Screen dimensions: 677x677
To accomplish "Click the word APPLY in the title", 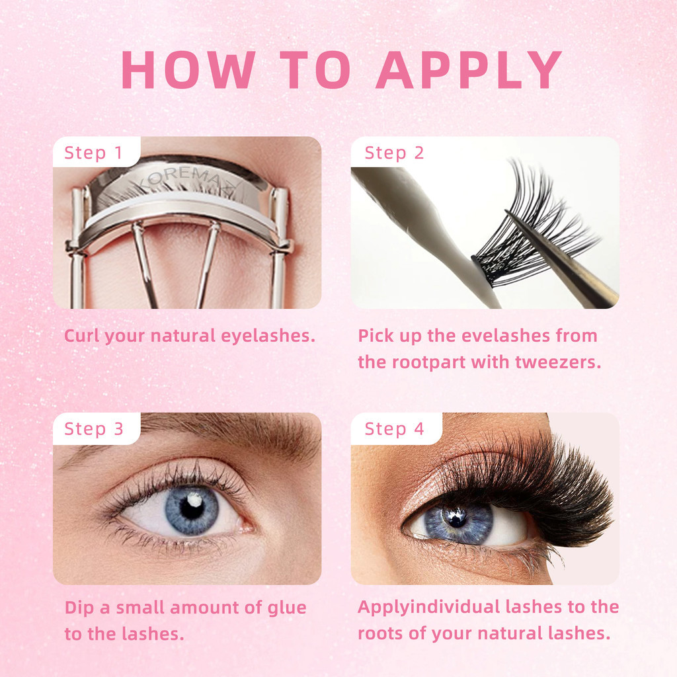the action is (469, 69).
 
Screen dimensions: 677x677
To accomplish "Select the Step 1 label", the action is (93, 153).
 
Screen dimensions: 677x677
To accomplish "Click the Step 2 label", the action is (394, 153).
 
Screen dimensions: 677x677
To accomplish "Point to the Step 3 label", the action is (94, 428).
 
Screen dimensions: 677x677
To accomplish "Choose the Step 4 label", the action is (394, 428).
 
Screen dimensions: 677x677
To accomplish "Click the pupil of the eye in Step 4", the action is (456, 518).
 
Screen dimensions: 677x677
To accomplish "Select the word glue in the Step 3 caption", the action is (287, 608).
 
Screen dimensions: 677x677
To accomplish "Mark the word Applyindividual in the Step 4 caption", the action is (429, 608).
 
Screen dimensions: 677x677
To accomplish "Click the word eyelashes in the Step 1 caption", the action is (268, 336).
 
